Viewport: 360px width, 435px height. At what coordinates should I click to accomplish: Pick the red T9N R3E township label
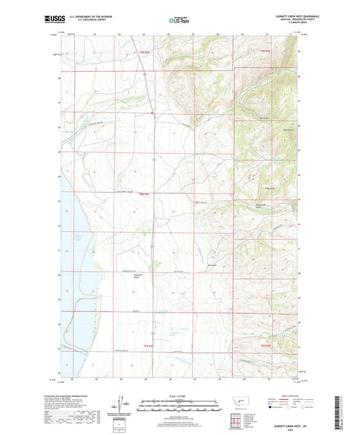click(264, 51)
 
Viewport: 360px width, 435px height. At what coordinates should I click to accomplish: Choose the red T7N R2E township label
click(149, 345)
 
